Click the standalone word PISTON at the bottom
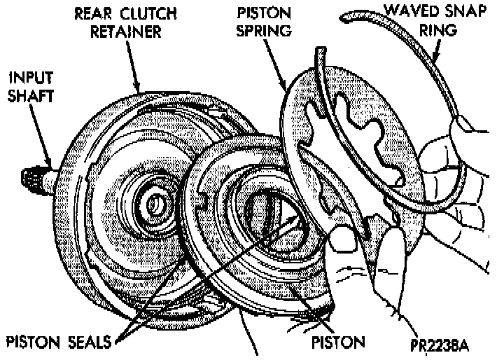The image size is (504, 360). click(x=339, y=344)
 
